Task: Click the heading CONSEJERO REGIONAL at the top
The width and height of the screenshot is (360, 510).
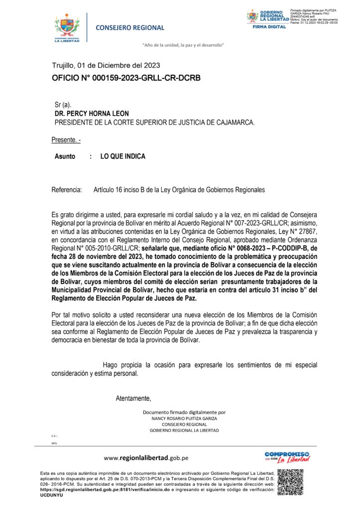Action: pos(130,28)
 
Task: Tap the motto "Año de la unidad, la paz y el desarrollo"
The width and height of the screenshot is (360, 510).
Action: pos(183,45)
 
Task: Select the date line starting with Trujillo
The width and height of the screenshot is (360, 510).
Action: pos(106,65)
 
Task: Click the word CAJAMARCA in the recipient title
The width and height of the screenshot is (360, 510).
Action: pos(234,122)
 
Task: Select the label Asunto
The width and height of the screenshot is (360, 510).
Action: pos(65,156)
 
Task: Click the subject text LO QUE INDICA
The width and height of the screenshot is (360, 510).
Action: pos(123,156)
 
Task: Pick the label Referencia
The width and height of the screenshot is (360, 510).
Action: pos(66,190)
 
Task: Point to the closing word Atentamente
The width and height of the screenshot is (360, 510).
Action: pos(133,398)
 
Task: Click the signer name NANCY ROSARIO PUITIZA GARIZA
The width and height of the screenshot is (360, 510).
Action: pos(184,418)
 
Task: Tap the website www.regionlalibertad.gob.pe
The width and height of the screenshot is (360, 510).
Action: pos(146,458)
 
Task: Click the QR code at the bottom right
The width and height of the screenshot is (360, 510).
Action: pos(290,482)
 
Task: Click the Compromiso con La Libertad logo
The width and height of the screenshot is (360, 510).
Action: pos(287,457)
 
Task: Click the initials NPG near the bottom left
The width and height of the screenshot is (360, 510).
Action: pos(54,442)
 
